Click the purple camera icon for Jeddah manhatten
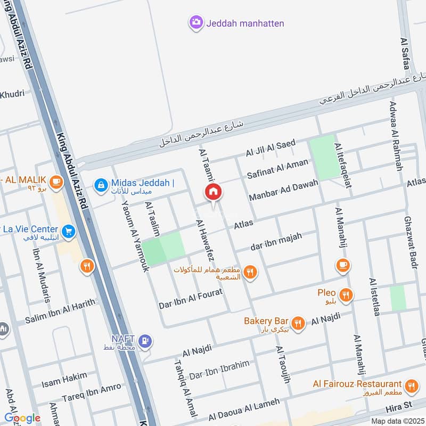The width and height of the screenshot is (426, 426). coord(196,22)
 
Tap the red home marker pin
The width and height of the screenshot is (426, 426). coord(213,193)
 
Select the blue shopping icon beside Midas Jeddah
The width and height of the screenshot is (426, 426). coord(100,185)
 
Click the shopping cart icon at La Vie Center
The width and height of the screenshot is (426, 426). coord(68,231)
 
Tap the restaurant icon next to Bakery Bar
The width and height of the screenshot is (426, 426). coord(298,322)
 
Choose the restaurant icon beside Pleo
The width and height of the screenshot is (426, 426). coord(346,294)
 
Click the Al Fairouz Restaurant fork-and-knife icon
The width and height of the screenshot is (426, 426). coord(411,386)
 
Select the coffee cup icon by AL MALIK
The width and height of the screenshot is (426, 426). coord(57,182)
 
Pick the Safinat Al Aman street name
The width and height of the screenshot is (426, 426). coord(277,169)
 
